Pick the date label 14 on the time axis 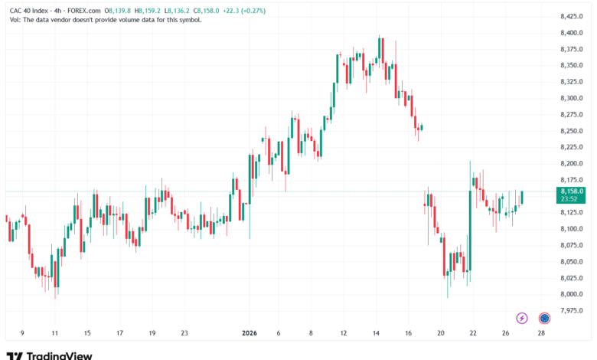(377, 333)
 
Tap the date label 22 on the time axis (474, 333)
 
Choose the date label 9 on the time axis (22, 333)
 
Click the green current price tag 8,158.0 (572, 191)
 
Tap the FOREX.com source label (83, 11)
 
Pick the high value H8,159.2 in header (149, 11)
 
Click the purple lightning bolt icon (522, 317)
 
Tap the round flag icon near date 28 (544, 317)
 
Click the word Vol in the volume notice (14, 20)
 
